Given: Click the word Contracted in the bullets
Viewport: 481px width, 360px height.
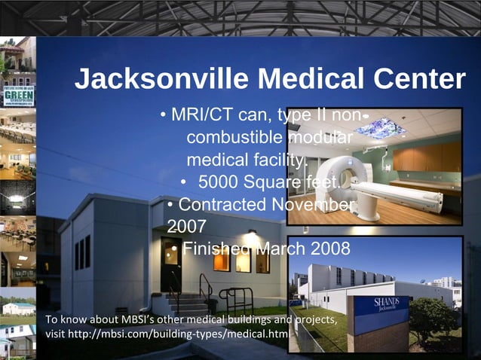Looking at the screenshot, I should [x=222, y=205].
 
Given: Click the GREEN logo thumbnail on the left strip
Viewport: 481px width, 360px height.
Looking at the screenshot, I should [x=18, y=97].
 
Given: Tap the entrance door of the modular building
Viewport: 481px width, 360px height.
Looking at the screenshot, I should [x=170, y=264].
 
